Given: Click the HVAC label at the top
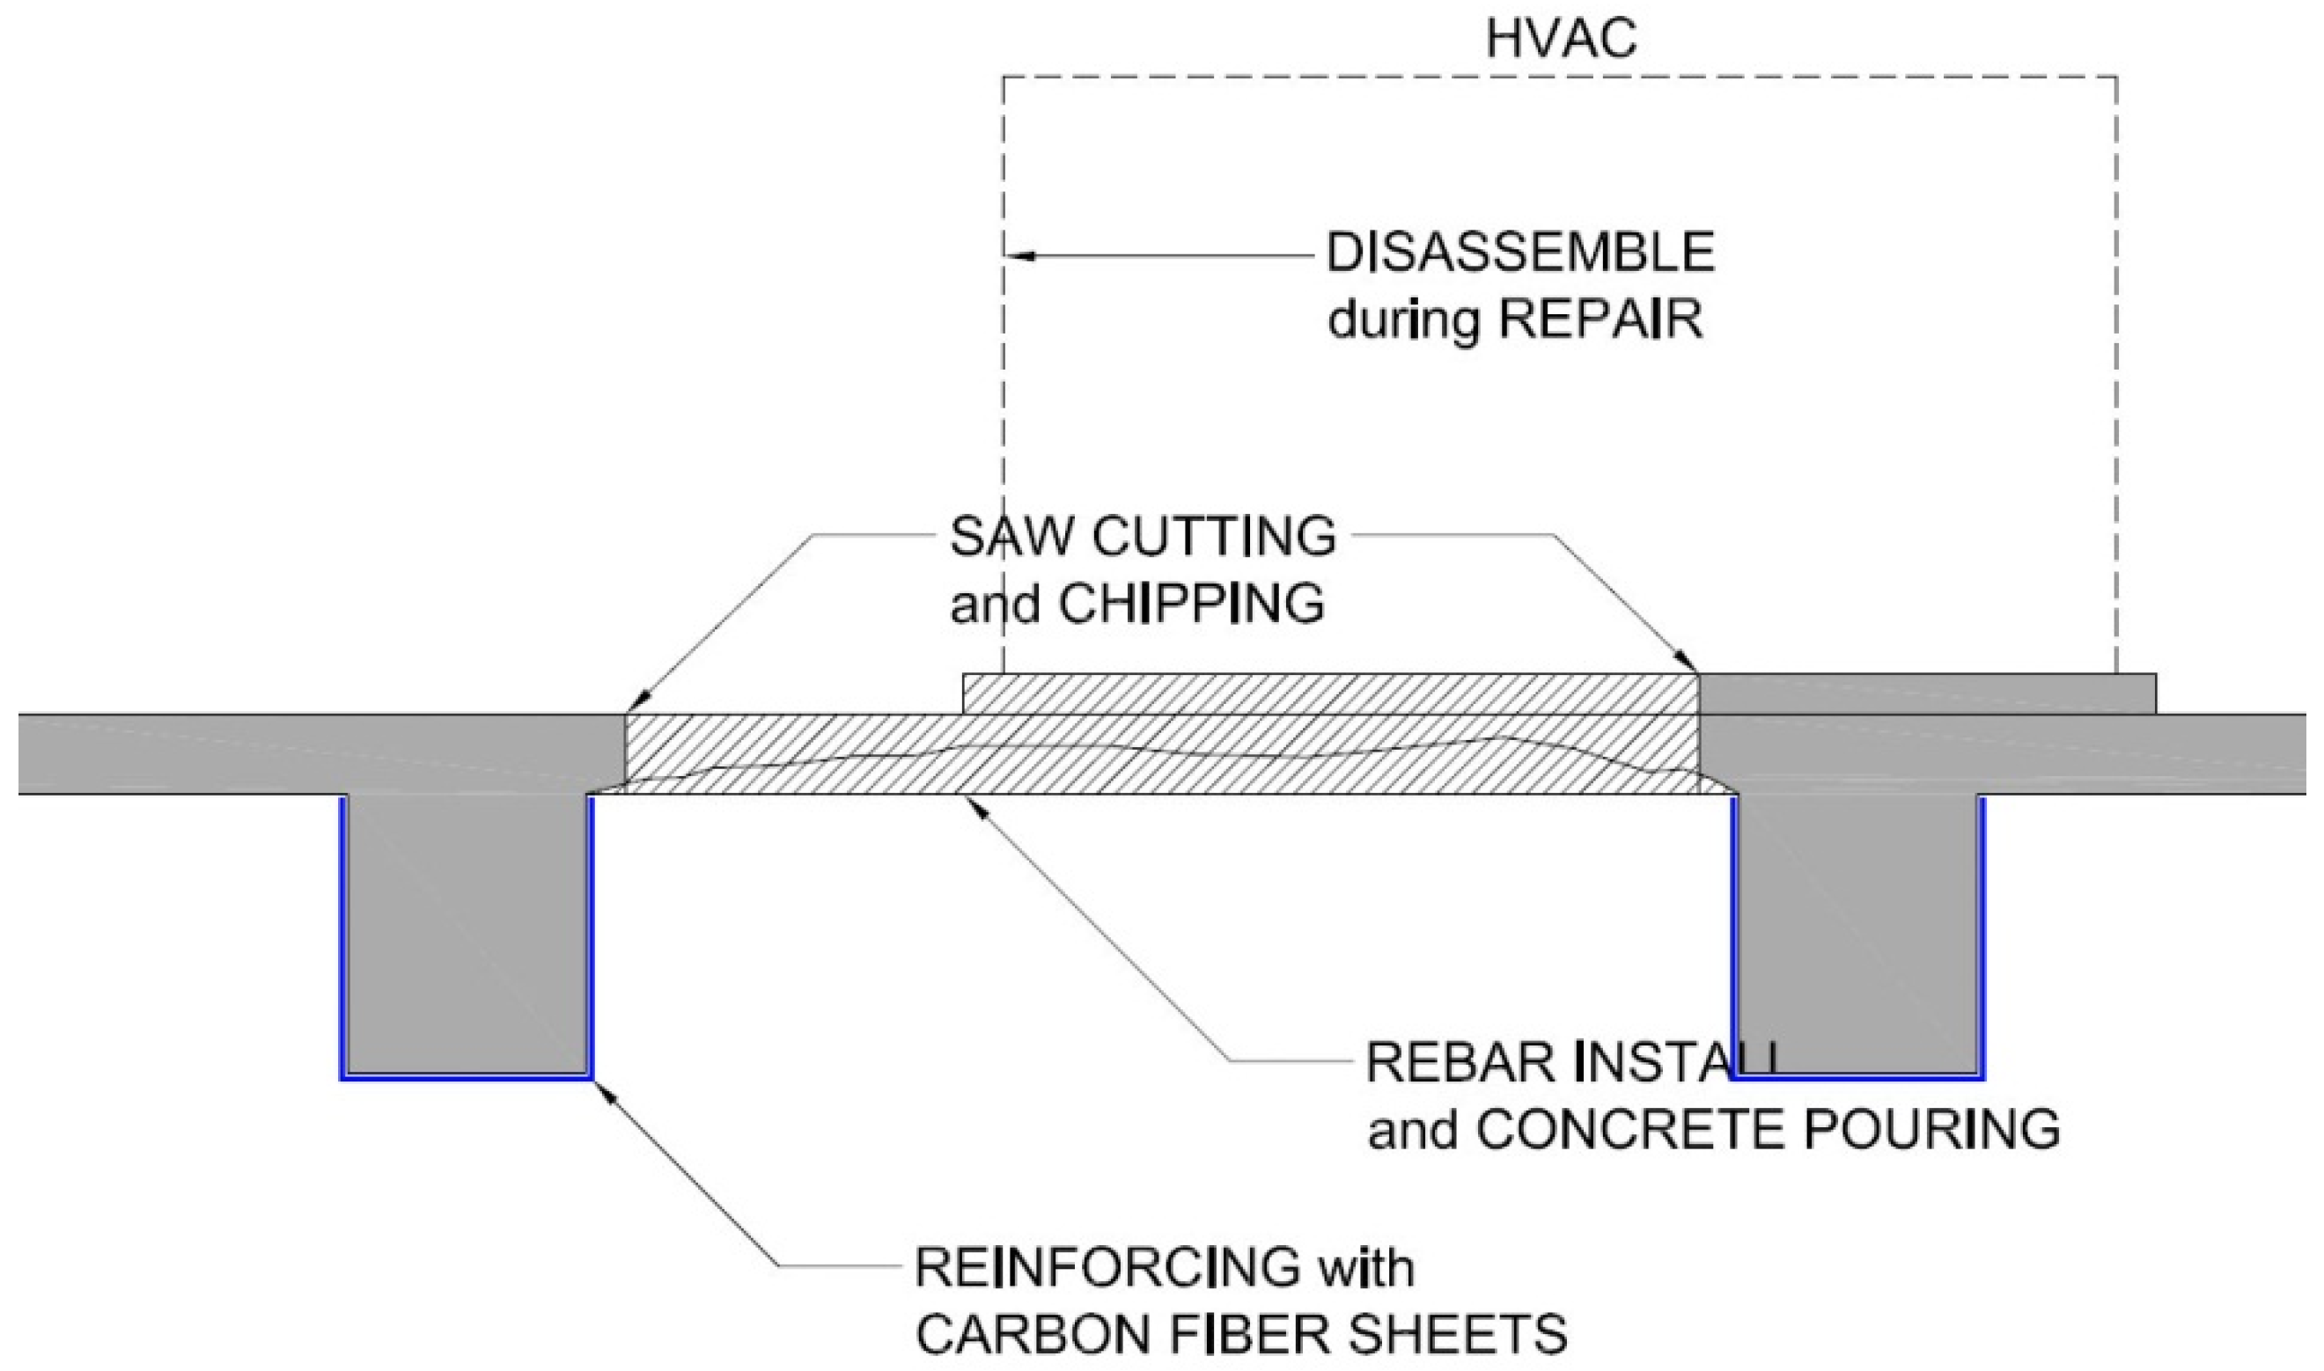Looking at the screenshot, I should pyautogui.click(x=1561, y=40).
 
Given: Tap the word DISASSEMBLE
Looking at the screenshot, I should pyautogui.click(x=1520, y=253).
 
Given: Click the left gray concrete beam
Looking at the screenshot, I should pyautogui.click(x=467, y=933).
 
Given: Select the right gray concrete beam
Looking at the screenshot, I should pyautogui.click(x=1857, y=933).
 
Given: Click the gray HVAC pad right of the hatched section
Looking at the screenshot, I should pyautogui.click(x=1927, y=694).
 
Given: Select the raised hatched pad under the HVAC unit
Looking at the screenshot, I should pyautogui.click(x=1331, y=694).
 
